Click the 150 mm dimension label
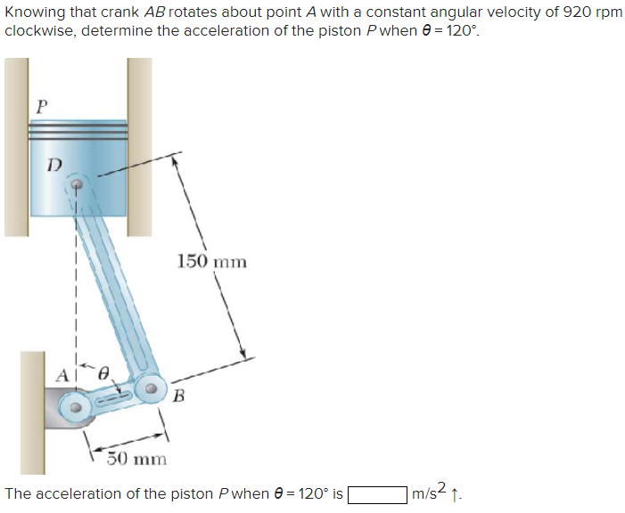211,261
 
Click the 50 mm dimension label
136,459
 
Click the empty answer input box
378,493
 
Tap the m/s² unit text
430,493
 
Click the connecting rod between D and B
114,285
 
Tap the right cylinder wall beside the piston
139,147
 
